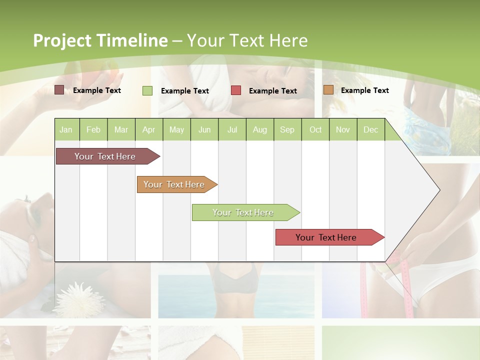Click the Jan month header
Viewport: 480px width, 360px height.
(x=66, y=129)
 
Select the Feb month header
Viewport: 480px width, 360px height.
(x=93, y=129)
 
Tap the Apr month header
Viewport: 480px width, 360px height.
(x=148, y=129)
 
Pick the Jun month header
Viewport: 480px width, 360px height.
(x=204, y=129)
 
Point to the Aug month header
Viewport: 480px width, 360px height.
(x=259, y=129)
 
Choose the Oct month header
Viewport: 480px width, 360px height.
(x=315, y=129)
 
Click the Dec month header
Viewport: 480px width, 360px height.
(x=370, y=129)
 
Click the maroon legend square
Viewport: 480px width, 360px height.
(x=59, y=90)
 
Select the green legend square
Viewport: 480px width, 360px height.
(x=147, y=90)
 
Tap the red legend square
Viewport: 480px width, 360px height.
(x=236, y=90)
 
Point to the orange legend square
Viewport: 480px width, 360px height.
(x=328, y=90)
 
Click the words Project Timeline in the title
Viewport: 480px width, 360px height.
(x=100, y=40)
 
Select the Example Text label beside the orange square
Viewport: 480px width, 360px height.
(x=365, y=90)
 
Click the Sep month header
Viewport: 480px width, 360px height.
(x=287, y=129)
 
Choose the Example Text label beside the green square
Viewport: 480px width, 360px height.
(x=185, y=91)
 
